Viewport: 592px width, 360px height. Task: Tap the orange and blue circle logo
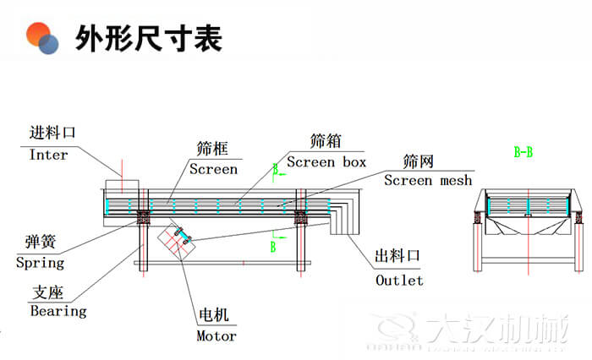click(x=41, y=38)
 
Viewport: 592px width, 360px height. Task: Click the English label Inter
click(x=48, y=155)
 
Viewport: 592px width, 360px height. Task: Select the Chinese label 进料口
click(x=52, y=134)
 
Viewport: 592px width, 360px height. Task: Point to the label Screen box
click(x=326, y=161)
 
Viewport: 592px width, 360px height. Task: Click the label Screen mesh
click(x=428, y=180)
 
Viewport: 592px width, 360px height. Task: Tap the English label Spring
click(x=40, y=263)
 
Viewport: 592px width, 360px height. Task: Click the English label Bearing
click(x=58, y=311)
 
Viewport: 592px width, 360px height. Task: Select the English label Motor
click(x=216, y=335)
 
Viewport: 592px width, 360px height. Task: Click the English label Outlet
click(x=399, y=280)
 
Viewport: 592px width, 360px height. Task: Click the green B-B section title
click(x=523, y=153)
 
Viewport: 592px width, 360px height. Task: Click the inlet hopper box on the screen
click(x=121, y=188)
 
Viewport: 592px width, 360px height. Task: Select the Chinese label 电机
click(x=213, y=316)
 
